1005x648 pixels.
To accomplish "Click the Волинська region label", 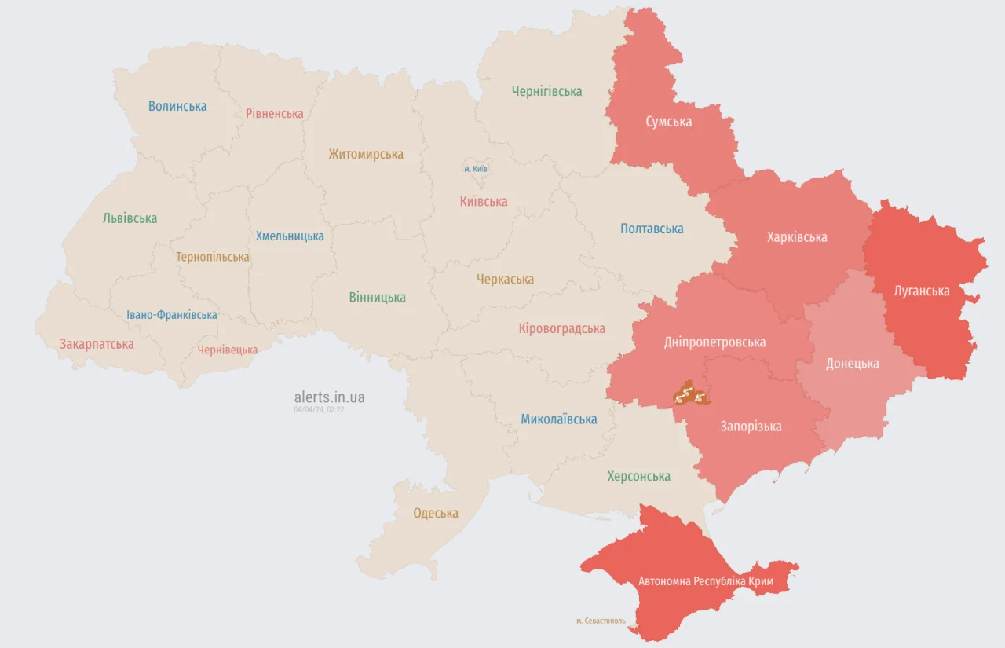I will point(177,106).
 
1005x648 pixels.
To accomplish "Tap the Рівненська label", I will point(274,113).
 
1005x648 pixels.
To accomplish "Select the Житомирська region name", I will point(366,154).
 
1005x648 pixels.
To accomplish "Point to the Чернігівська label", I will point(546,91).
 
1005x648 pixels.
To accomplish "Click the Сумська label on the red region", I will point(668,122).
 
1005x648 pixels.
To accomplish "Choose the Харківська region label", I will point(797,236).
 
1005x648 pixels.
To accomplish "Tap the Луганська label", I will point(922,291).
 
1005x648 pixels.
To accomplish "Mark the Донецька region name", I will point(852,364).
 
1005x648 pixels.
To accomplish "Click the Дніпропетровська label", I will point(714,342).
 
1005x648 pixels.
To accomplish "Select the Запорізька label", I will point(751,427).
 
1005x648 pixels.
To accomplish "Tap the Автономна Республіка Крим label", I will point(706,582).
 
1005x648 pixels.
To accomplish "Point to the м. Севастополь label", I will point(601,621).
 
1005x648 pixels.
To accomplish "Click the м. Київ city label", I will point(475,169).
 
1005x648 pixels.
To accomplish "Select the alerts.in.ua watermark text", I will point(329,397).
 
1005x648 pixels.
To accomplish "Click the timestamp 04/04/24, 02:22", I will point(319,409).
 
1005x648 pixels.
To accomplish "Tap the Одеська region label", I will point(436,513).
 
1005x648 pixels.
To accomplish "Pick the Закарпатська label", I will point(97,344).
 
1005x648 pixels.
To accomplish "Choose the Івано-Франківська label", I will point(172,315).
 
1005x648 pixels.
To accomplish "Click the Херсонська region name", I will point(638,476).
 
